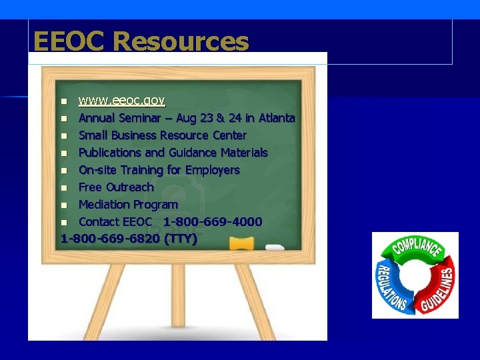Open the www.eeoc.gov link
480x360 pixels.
coord(121,101)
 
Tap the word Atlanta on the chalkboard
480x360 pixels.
coord(276,118)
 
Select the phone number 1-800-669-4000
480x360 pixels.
coord(212,221)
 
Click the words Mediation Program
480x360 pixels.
coord(128,204)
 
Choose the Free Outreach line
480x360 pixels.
coord(116,187)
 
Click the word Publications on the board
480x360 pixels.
coord(110,153)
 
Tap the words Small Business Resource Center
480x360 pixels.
coord(162,135)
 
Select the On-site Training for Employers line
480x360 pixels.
coord(159,170)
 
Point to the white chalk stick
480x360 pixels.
coord(275,247)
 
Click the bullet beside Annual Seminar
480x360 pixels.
coord(64,119)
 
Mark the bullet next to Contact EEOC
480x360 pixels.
coord(64,222)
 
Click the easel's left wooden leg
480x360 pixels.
coord(93,299)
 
